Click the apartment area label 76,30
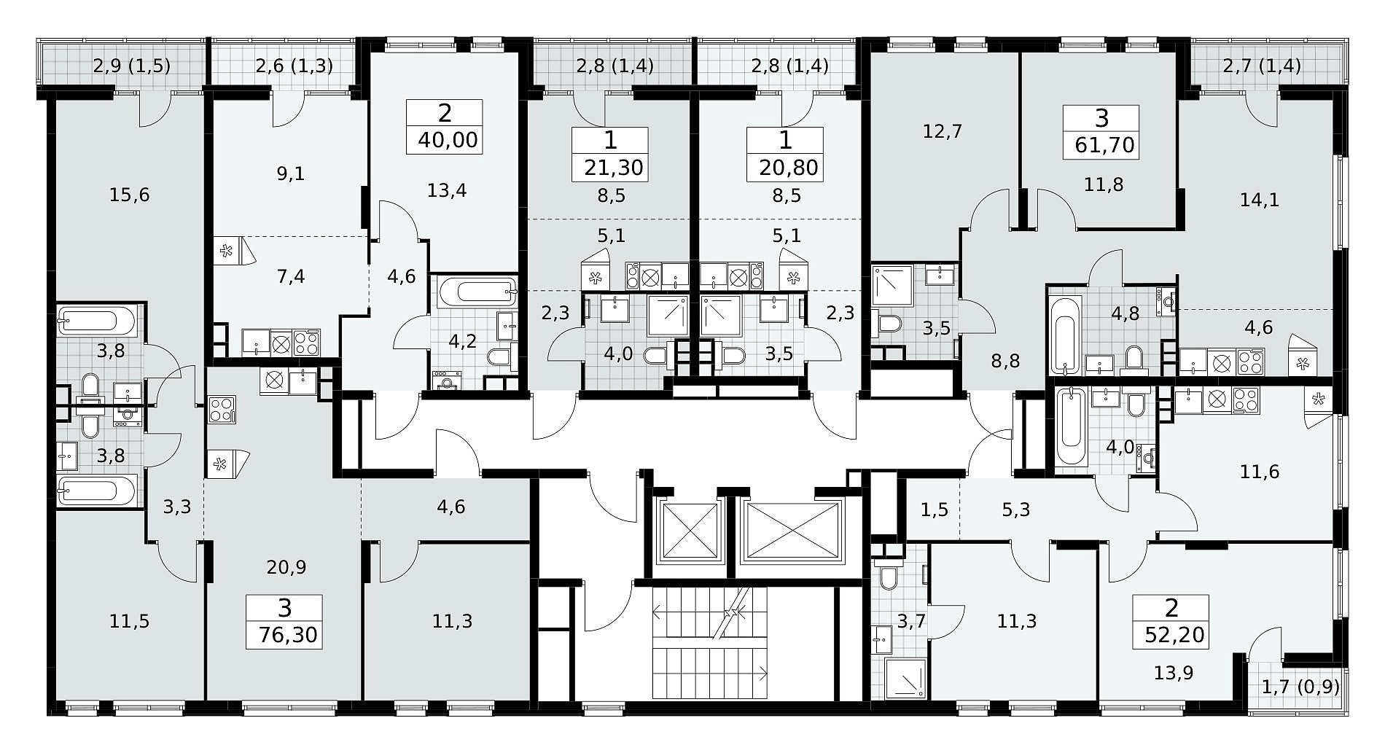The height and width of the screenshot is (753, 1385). point(288,635)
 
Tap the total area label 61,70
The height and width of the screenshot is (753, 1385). point(1104,146)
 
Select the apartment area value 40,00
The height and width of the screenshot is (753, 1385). point(448,139)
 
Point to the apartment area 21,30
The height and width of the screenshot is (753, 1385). point(613,168)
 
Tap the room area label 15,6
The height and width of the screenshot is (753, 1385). point(129,195)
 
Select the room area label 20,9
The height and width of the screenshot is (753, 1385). point(286,567)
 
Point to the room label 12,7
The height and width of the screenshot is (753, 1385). point(942,131)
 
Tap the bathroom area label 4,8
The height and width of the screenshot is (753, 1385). point(1125,314)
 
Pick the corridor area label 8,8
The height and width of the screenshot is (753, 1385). point(1005,361)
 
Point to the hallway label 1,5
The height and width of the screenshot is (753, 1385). point(935,510)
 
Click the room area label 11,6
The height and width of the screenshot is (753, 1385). point(1259,472)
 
